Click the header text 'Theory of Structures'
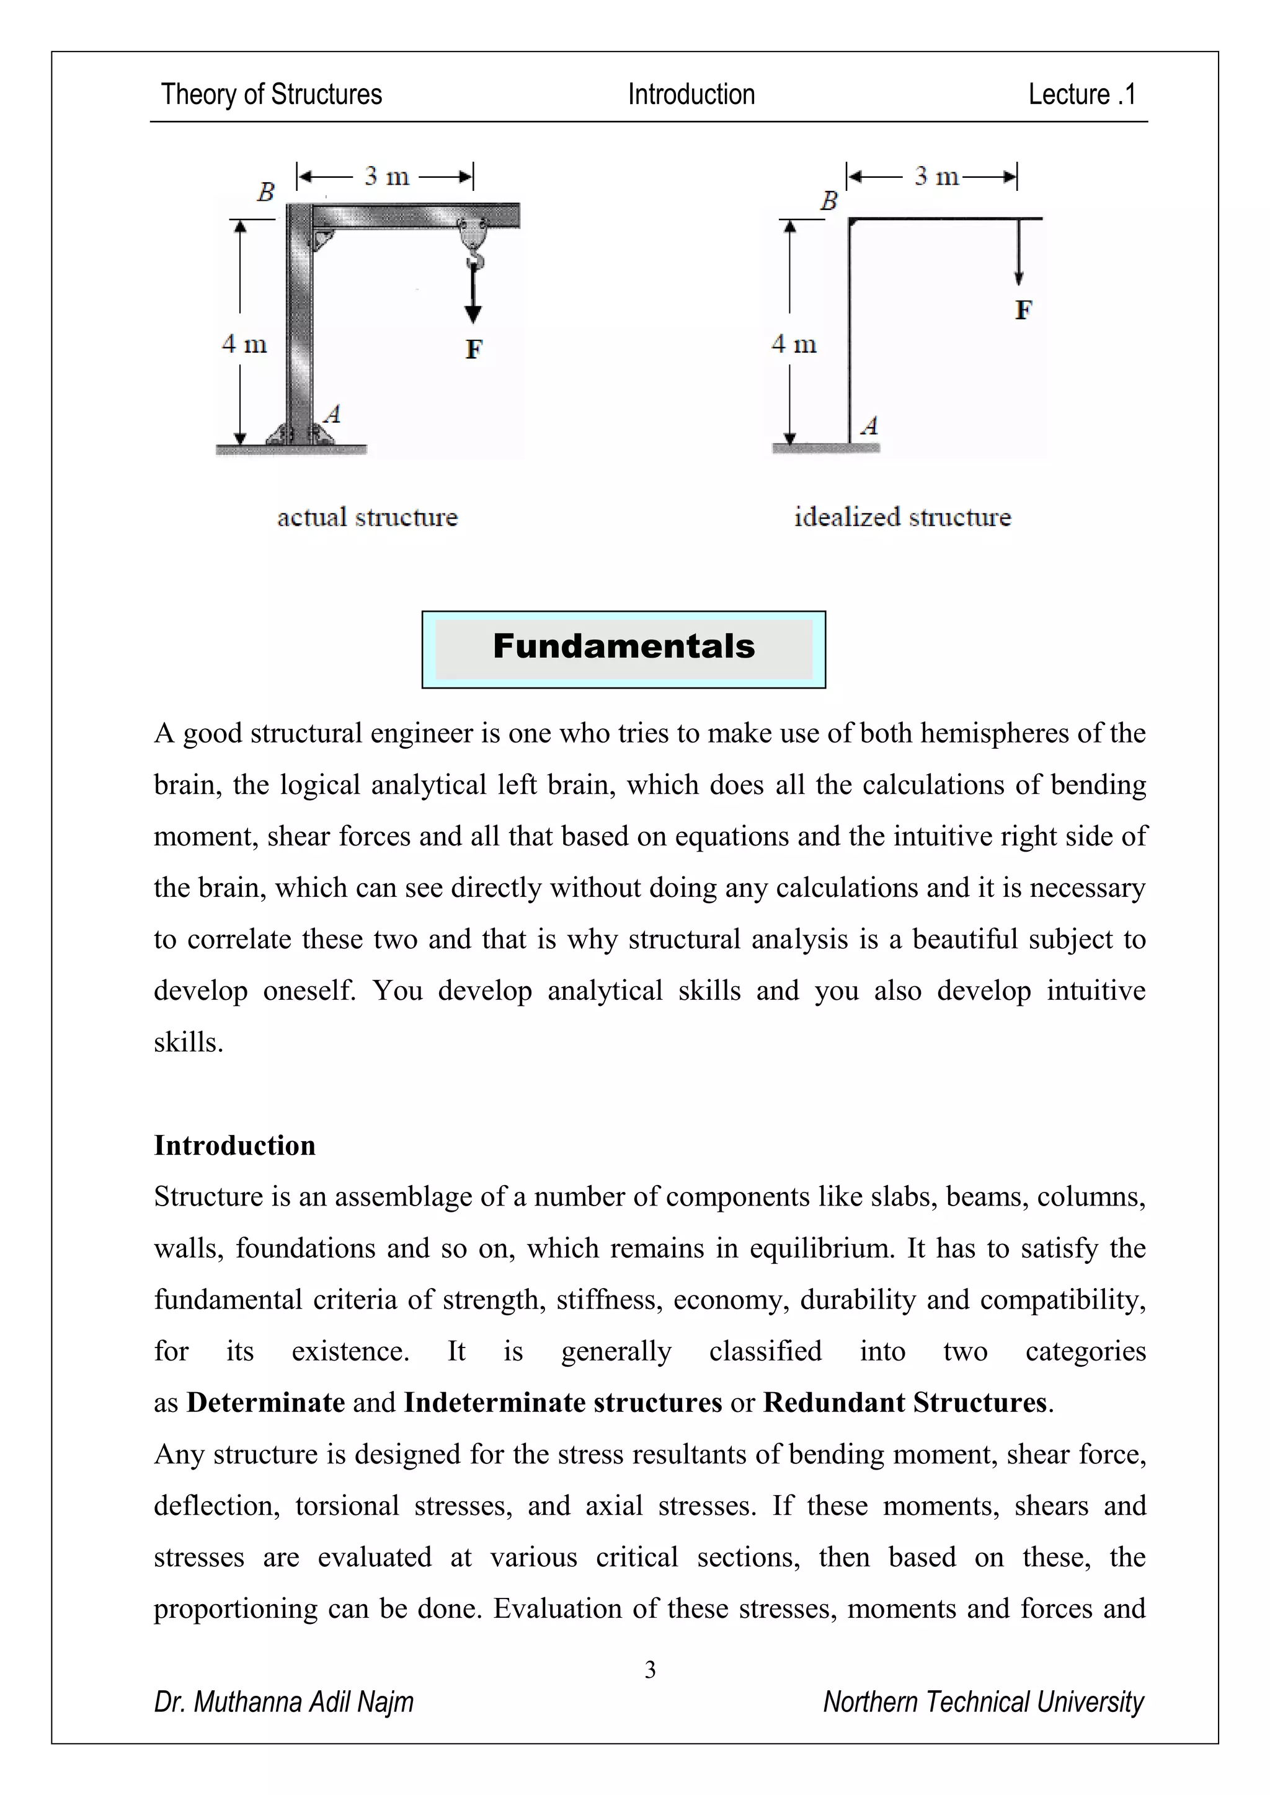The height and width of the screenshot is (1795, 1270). click(272, 95)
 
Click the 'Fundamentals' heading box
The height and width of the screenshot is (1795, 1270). click(623, 648)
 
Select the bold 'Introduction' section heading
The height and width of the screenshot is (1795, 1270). click(234, 1145)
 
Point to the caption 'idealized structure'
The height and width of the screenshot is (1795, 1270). click(902, 518)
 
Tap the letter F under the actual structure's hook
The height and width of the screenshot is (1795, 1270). click(473, 349)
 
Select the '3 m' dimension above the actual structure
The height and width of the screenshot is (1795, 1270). click(386, 177)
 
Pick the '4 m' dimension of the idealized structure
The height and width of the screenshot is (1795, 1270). click(794, 344)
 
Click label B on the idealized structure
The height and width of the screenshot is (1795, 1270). click(828, 201)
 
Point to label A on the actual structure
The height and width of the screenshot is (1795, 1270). click(332, 413)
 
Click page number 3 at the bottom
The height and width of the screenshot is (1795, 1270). click(650, 1670)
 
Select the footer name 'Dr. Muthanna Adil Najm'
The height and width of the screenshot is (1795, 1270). click(284, 1702)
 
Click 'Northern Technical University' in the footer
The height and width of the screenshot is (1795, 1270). click(983, 1702)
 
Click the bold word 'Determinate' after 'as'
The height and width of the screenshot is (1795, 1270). click(266, 1403)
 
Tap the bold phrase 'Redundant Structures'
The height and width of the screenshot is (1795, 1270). click(905, 1403)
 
